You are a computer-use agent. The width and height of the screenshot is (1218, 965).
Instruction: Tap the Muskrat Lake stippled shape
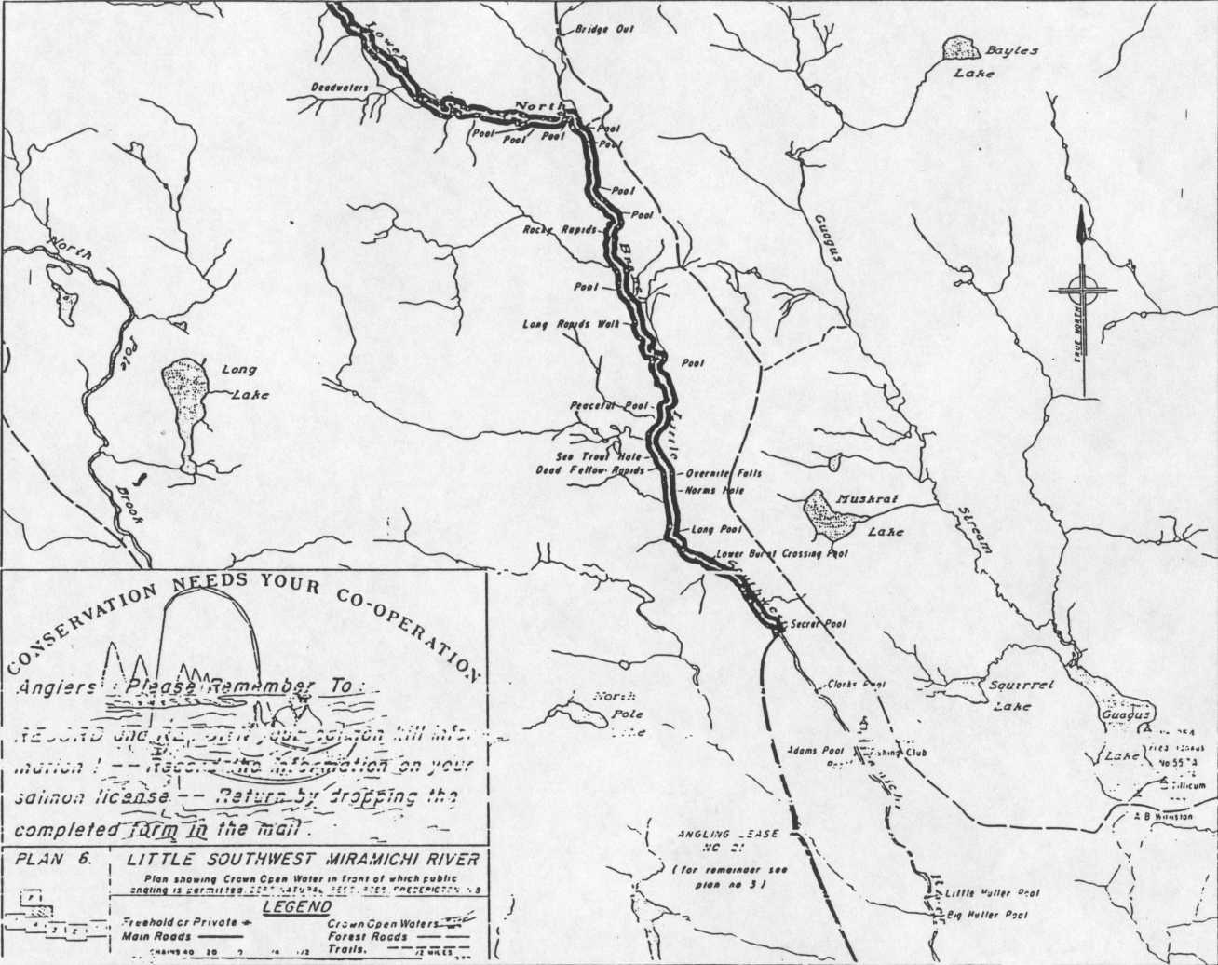click(828, 514)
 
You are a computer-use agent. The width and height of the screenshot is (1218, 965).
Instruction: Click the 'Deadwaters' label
click(340, 89)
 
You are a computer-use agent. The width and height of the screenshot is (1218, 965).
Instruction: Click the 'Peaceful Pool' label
click(609, 406)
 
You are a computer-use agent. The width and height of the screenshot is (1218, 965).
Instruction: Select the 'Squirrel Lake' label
click(1020, 695)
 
